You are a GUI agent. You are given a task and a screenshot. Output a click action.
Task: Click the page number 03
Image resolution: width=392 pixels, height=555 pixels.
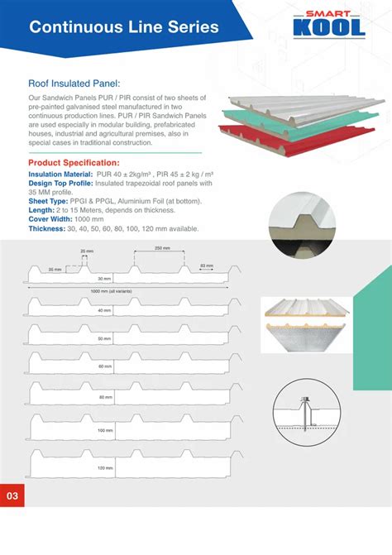coord(12,496)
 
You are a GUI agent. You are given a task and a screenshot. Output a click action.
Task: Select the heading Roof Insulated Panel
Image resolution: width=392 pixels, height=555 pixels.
coord(74,83)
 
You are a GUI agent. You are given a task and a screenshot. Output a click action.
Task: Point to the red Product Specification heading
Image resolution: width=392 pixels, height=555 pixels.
coord(74,163)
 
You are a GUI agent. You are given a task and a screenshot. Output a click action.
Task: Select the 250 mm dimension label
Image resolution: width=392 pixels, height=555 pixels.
coord(163,249)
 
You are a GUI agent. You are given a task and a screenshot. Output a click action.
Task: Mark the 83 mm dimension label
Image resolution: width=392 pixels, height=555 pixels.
coord(208,266)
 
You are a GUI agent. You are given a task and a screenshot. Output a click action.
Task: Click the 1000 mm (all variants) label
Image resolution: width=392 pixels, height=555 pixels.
coord(112,292)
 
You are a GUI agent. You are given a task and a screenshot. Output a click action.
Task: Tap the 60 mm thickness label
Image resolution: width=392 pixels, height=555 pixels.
coord(104,366)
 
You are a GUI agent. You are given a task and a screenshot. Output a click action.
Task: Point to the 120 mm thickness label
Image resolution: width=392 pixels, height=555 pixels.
coord(104,468)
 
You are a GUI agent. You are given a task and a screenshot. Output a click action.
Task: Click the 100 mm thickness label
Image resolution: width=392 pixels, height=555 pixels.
coord(104,431)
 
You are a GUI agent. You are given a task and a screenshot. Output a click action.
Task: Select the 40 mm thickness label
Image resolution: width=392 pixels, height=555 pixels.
coord(104,310)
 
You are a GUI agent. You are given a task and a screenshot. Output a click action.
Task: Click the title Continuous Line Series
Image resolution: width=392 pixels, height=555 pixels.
coord(124,26)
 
